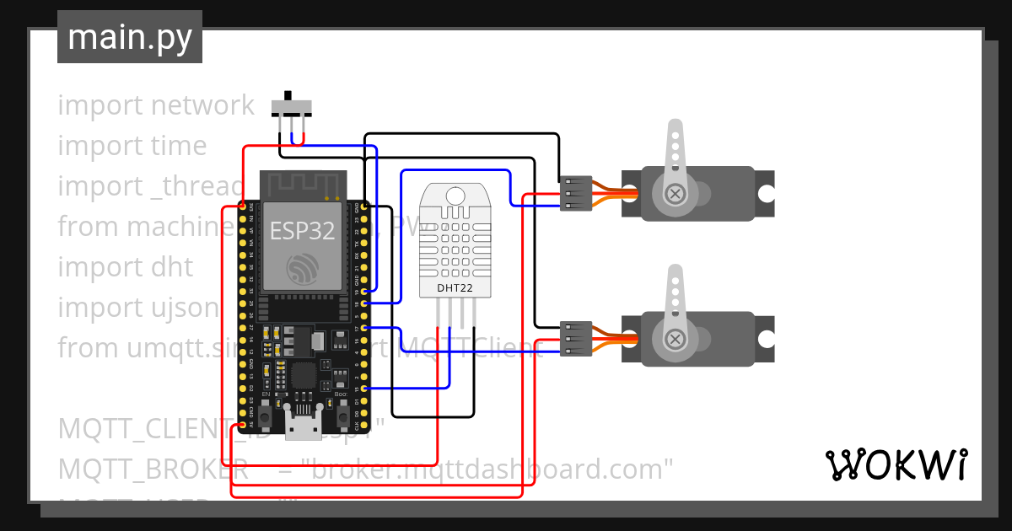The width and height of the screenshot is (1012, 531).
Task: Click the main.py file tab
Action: [129, 37]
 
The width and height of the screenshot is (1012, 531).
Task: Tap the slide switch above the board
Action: [291, 107]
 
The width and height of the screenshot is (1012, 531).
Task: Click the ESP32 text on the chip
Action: [302, 231]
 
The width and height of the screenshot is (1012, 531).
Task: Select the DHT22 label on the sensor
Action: [454, 288]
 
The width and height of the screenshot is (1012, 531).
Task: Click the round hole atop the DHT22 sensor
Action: [454, 196]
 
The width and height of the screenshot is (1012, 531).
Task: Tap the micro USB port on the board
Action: [303, 428]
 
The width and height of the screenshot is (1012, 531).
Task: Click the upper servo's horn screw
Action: [675, 194]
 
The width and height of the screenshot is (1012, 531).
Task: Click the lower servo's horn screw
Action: [675, 339]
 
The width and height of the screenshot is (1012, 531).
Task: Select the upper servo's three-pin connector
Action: [576, 194]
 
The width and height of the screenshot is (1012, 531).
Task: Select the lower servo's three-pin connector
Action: [576, 338]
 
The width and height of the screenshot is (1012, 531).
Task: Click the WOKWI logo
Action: [896, 464]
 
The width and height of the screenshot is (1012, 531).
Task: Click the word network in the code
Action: [202, 105]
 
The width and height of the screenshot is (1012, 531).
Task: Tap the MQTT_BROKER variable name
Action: [153, 469]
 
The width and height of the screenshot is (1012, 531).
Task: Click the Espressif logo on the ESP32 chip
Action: [302, 269]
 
